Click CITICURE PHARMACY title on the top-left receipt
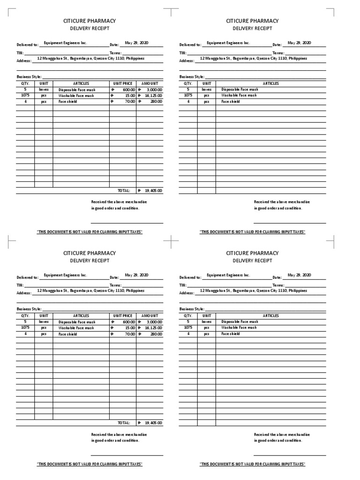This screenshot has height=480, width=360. [90, 21]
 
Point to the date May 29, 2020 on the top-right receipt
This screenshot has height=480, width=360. [299, 43]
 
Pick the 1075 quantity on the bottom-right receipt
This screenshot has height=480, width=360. [188, 328]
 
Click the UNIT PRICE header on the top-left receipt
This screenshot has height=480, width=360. [123, 83]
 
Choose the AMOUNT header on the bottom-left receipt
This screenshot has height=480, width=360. [150, 316]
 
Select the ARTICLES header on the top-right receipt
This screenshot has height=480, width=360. [270, 83]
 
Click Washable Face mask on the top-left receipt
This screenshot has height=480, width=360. [76, 96]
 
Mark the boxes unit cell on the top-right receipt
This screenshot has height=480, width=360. [206, 90]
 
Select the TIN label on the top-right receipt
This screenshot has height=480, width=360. [183, 53]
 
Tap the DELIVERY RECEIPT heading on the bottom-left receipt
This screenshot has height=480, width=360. [90, 261]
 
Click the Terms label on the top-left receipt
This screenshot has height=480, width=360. [115, 53]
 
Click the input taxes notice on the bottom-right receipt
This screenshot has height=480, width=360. [252, 464]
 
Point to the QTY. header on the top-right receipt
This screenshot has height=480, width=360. [188, 83]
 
